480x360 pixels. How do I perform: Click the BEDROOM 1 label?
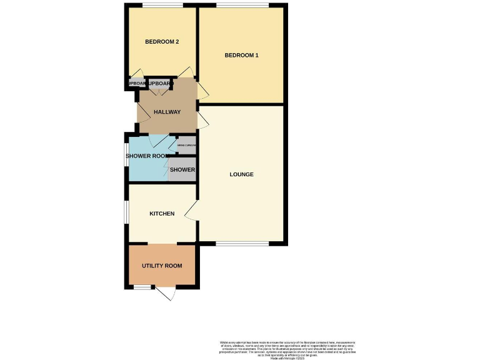[241, 56]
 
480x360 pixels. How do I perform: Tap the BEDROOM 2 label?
[162, 42]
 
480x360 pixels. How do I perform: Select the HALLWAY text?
[167, 112]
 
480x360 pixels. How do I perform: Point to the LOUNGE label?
[241, 174]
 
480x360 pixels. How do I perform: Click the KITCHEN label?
[162, 214]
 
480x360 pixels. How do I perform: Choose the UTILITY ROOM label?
[162, 266]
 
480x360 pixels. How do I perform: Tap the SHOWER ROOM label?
[147, 156]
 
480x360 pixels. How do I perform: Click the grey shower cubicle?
[182, 169]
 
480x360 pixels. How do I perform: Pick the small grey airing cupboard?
[187, 146]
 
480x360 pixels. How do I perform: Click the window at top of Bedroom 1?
[242, 6]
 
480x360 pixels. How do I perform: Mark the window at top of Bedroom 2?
[162, 6]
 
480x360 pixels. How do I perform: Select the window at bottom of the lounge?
[242, 243]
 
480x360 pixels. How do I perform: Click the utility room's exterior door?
[166, 292]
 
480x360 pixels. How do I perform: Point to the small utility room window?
[143, 287]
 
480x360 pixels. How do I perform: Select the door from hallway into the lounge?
[202, 121]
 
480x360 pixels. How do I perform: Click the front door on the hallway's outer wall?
[142, 114]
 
